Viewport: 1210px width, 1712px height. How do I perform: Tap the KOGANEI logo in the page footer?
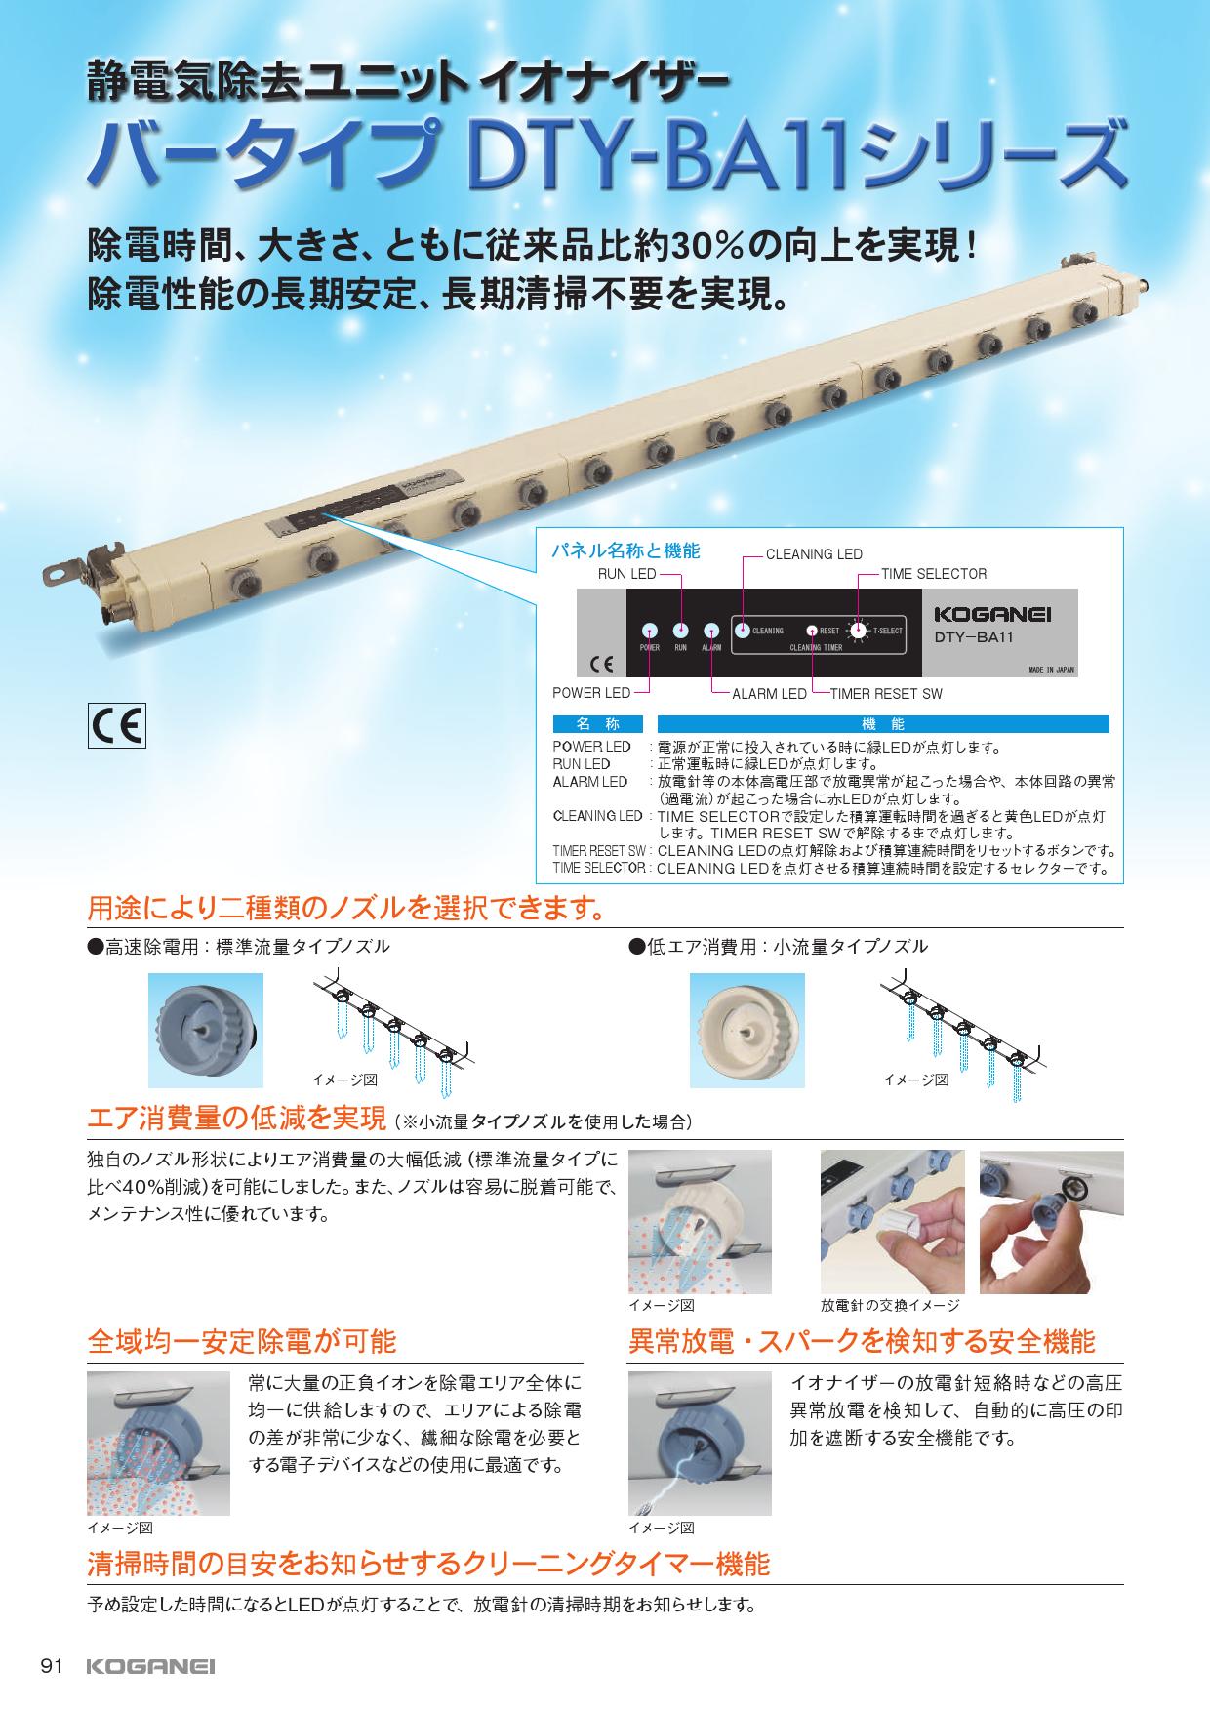tap(150, 1666)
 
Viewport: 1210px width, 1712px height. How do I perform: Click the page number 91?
tap(51, 1666)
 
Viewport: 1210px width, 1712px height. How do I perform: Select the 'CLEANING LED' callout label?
tap(813, 554)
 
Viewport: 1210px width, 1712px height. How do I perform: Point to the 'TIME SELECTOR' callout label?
tap(933, 574)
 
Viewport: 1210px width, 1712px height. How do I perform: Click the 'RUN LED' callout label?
tap(626, 574)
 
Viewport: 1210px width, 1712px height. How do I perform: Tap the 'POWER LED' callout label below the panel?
tap(591, 693)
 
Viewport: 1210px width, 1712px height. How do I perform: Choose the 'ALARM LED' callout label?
tap(769, 693)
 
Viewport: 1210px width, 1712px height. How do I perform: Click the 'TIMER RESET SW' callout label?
tap(885, 693)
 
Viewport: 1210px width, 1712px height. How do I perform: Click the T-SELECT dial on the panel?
tap(858, 631)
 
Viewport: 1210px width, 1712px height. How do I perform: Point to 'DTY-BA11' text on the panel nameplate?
tap(977, 637)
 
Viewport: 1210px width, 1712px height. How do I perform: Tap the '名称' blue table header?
tap(598, 724)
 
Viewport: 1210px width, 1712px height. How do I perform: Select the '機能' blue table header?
tap(883, 724)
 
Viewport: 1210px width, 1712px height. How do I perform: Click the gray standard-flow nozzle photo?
tap(205, 1030)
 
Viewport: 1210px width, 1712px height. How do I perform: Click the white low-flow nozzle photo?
tap(747, 1030)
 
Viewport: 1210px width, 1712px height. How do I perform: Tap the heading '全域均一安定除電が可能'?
tap(242, 1341)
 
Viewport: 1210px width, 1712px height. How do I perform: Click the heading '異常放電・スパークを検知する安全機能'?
tap(862, 1341)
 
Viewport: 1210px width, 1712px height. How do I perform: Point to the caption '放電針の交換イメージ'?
tap(890, 1306)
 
